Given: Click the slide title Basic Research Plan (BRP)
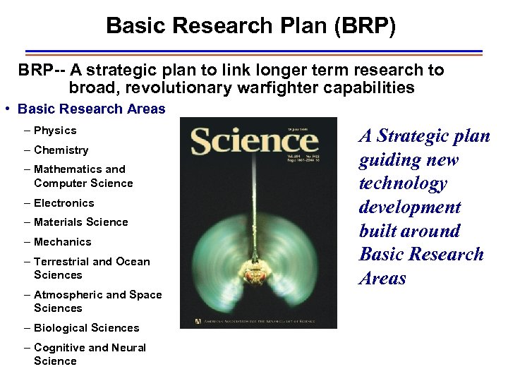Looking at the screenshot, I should (x=250, y=26).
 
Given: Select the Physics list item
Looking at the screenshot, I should (x=54, y=131).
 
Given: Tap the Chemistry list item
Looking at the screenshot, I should (x=61, y=150).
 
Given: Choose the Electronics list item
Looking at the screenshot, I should (x=64, y=203).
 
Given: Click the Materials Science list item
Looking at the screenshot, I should (x=80, y=222).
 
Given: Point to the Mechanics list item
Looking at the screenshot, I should (x=62, y=242).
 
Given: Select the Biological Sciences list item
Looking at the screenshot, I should (x=86, y=328).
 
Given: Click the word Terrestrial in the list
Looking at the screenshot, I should (x=61, y=262).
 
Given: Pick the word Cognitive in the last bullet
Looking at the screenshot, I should (x=59, y=348).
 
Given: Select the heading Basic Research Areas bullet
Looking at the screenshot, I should (x=91, y=109).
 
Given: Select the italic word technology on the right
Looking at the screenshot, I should (x=403, y=183).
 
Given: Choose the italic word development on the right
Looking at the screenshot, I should (x=410, y=207).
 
